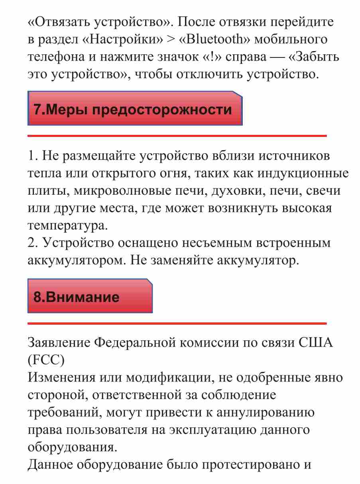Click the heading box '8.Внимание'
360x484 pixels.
pos(90,296)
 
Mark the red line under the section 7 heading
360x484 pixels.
pos(177,136)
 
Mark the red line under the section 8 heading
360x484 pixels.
pos(177,323)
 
